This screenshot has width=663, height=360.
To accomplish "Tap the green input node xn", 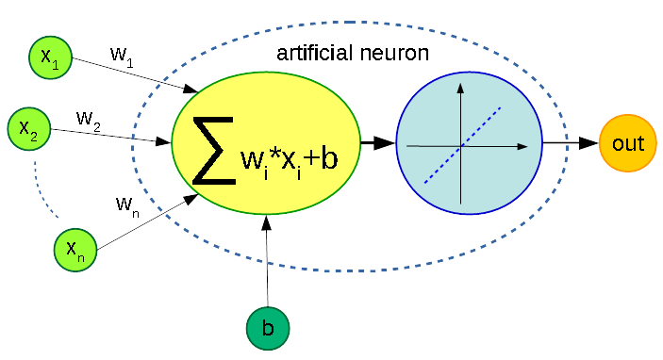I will pos(75,250).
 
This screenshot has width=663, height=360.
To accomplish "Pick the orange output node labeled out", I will pos(627,144).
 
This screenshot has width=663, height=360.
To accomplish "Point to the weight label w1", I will pos(121,55).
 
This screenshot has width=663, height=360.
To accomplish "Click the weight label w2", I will pos(89,119).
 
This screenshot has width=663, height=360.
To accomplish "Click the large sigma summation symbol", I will pos(213,151).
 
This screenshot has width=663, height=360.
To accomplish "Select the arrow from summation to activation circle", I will pos(377,143).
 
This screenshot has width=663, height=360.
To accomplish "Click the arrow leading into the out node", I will pos(571,143).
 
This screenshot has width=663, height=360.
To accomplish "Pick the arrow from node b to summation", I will pos(268,264).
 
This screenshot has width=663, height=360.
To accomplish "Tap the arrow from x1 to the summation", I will pos(132,74).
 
